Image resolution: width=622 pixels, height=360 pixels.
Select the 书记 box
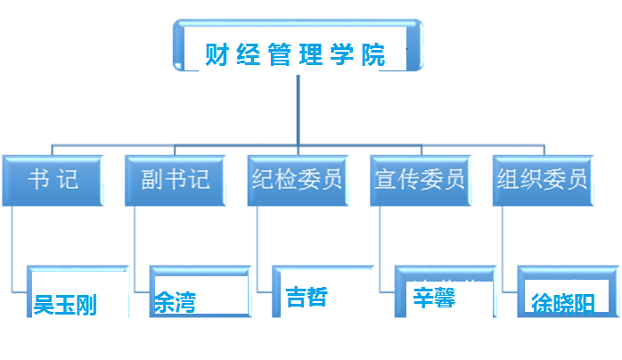point(53,181)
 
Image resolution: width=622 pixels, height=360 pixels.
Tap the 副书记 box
point(176,181)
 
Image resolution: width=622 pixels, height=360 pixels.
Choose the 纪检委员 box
point(297,181)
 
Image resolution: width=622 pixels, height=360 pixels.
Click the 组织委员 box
point(542,181)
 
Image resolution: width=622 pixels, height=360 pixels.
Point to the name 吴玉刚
point(65,306)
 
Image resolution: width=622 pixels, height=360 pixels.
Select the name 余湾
point(175,303)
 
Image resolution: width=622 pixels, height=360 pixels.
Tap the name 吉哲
point(307,297)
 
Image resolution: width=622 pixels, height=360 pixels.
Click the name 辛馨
point(434,297)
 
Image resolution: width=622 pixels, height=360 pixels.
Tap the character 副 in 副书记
point(150,181)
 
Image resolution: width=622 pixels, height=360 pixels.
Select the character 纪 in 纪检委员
point(261,181)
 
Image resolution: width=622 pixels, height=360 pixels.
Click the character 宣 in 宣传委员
point(384,181)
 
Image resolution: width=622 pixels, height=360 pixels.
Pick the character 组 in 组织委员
point(506,181)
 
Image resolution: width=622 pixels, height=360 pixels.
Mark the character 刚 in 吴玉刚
point(86,306)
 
